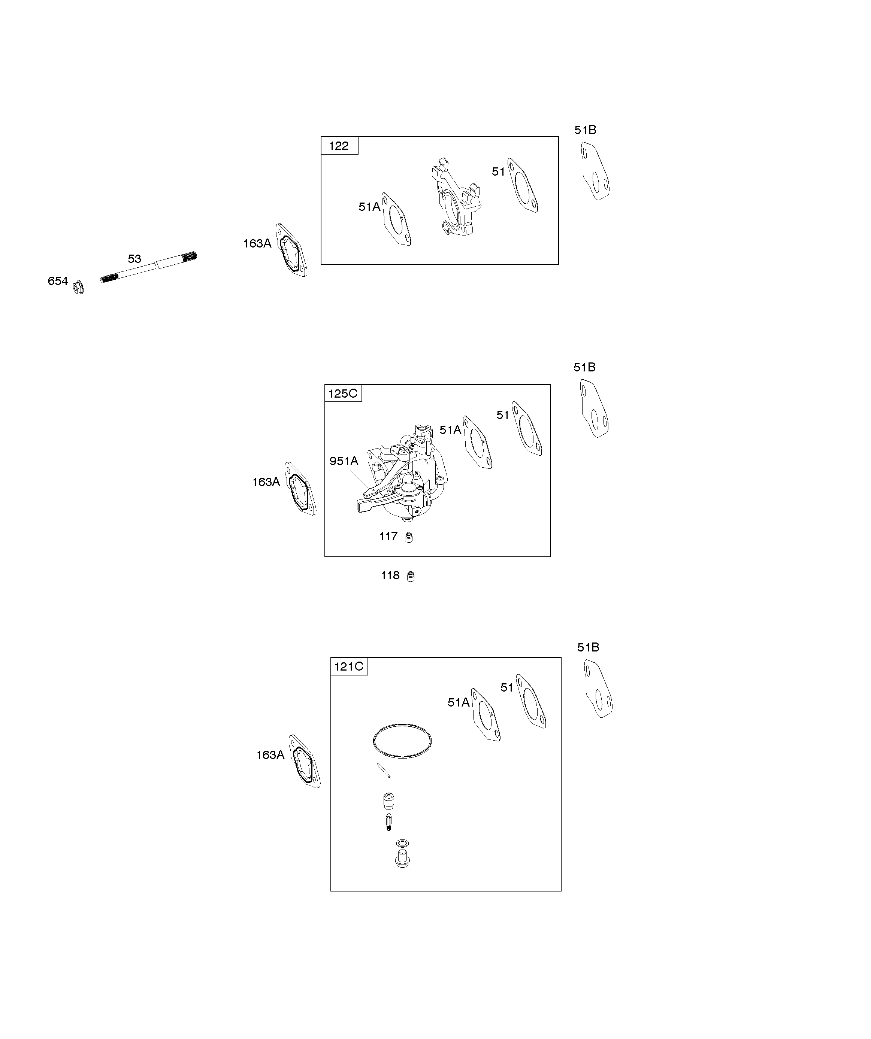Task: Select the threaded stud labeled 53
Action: pos(149,267)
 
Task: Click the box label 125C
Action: pos(343,394)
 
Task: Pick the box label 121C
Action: pos(349,666)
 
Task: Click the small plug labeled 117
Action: pos(409,537)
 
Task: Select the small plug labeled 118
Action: pos(411,576)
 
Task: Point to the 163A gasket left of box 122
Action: pos(292,250)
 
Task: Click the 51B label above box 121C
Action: pos(588,647)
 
